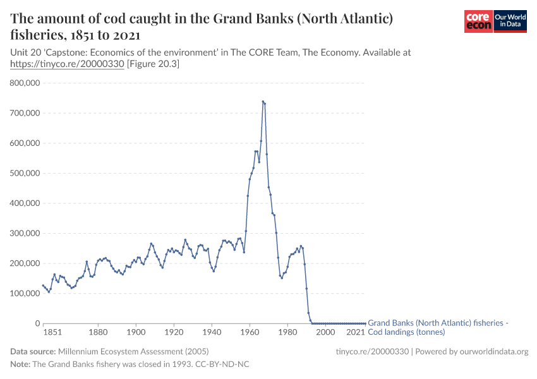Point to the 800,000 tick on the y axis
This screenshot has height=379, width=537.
coord(23,83)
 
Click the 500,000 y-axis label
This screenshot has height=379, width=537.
coord(23,173)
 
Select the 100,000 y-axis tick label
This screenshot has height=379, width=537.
coord(23,293)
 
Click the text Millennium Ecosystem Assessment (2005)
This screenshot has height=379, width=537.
coord(133,351)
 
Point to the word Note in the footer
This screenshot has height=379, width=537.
coord(20,364)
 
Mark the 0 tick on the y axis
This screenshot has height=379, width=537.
coord(37,323)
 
